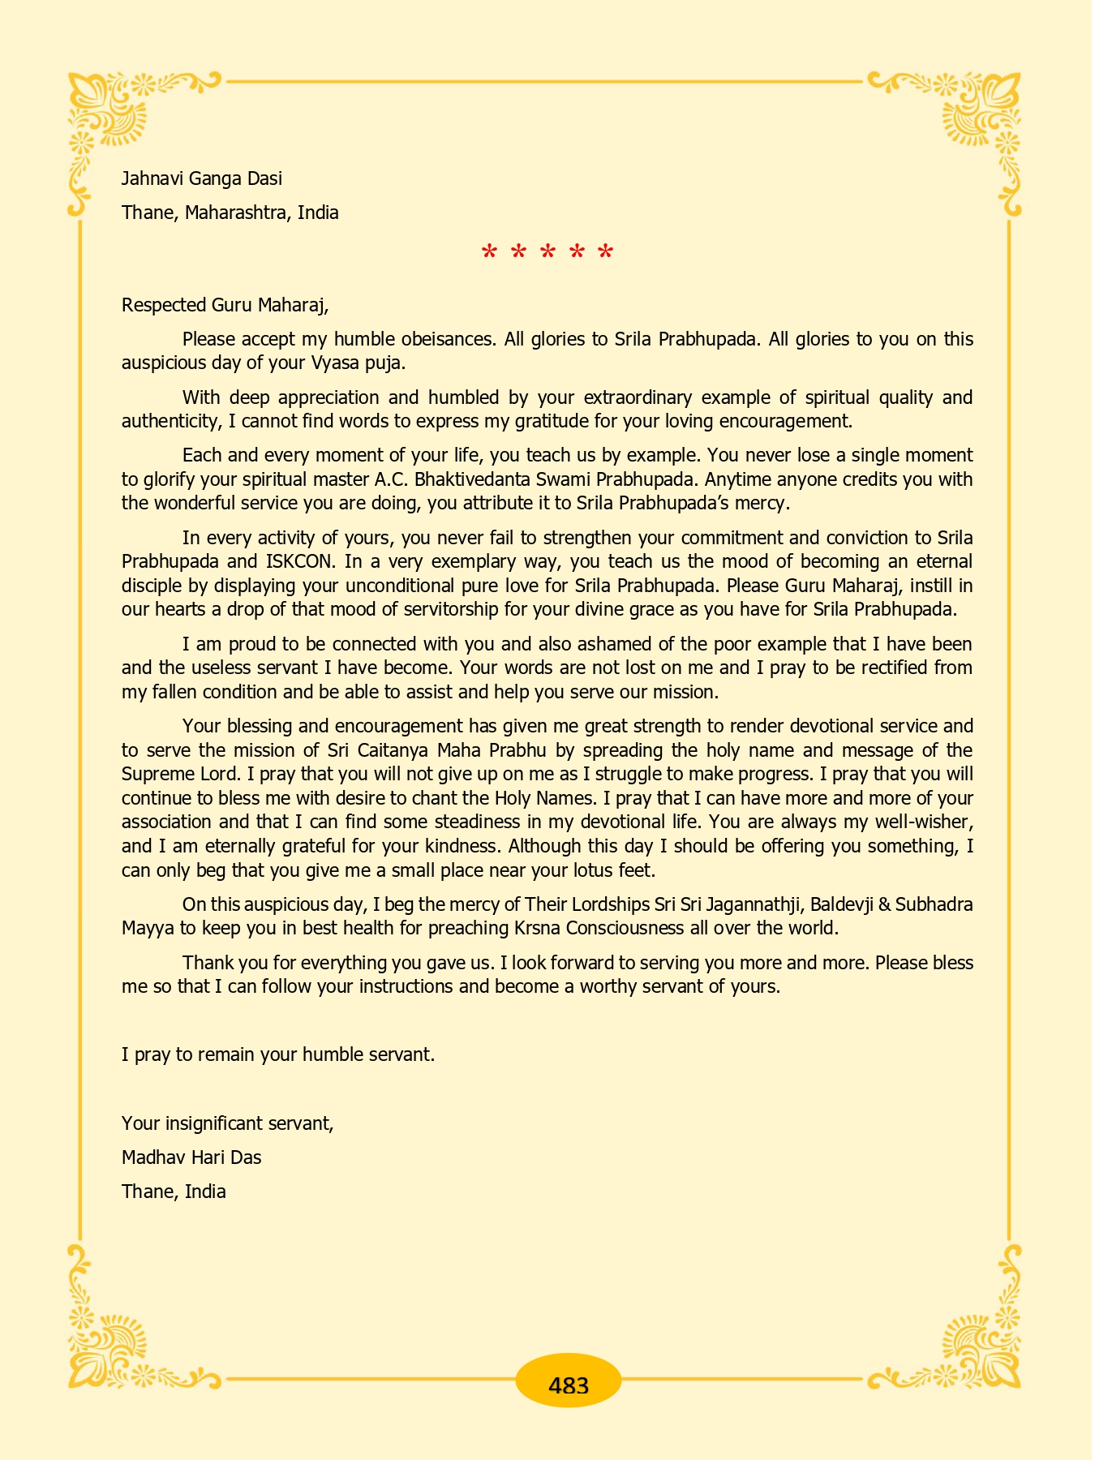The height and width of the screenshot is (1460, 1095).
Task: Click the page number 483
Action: coord(568,1385)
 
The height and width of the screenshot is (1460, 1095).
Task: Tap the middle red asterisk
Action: coord(547,253)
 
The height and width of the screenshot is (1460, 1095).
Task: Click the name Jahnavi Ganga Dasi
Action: coord(202,178)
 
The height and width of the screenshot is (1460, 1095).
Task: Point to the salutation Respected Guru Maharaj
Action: coord(225,305)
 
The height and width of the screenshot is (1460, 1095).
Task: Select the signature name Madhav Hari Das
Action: coord(191,1157)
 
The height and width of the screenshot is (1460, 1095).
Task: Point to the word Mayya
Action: coord(148,928)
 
